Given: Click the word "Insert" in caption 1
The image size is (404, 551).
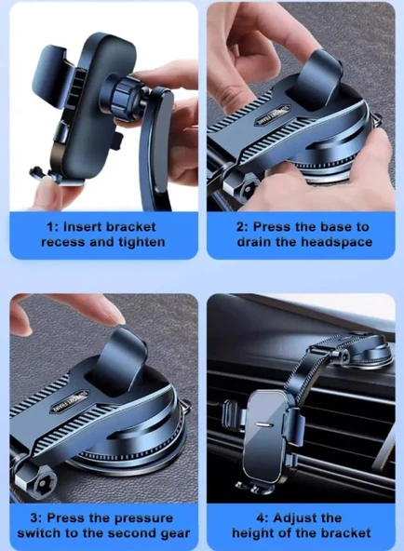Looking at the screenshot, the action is (83, 227).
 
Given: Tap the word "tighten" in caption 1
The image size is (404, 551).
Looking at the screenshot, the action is (141, 243).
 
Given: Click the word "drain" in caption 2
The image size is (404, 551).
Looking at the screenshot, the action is (254, 242).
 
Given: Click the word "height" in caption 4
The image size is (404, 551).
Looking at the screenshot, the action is (252, 533).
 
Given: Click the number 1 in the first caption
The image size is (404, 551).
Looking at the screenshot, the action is (50, 227).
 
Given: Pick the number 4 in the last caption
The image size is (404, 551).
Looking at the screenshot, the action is (260, 518).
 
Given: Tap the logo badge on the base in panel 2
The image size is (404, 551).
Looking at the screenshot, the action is (273, 115).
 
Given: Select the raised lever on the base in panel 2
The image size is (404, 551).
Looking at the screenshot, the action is (313, 80).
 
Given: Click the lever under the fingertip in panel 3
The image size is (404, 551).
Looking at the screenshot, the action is (117, 362).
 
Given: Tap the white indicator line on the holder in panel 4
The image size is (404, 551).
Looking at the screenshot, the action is (263, 423).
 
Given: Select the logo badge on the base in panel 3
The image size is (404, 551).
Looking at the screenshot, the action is (70, 402).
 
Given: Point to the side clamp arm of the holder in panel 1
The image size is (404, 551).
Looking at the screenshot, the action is (49, 75).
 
